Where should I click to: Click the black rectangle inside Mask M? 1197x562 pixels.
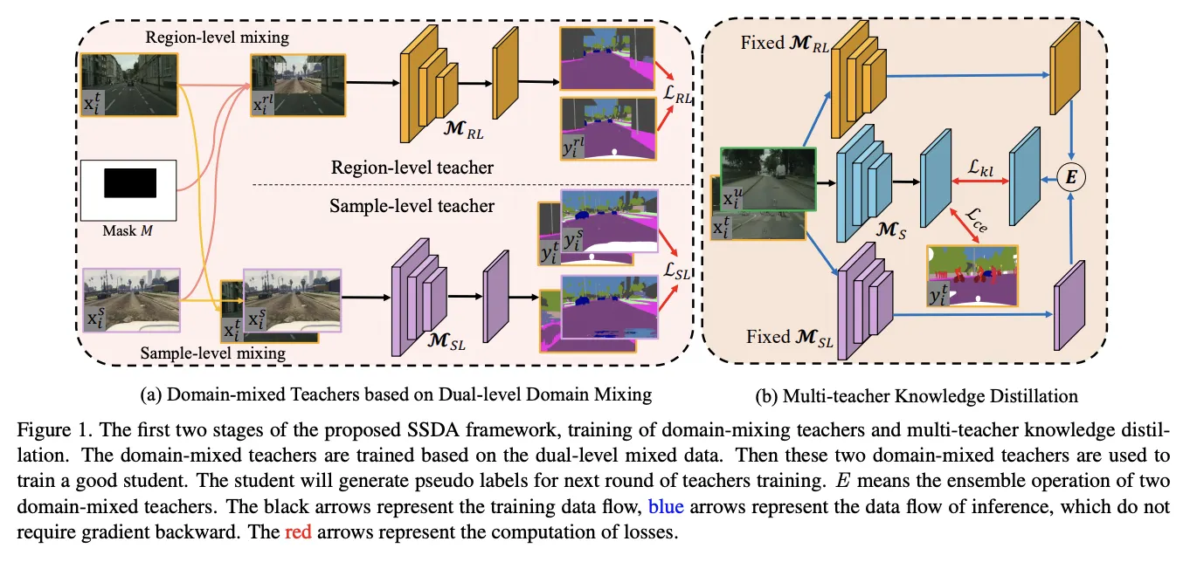click(130, 183)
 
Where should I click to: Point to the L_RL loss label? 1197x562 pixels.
click(677, 99)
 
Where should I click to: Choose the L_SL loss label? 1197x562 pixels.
click(677, 273)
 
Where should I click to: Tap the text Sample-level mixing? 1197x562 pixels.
click(213, 353)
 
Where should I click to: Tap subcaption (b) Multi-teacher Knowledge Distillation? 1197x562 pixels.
click(917, 395)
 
